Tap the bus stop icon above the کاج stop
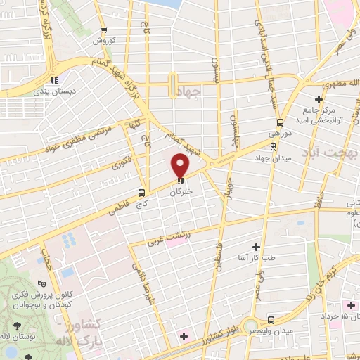tap(142, 192)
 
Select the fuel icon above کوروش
tap(104, 30)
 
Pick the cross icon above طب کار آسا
tap(256, 247)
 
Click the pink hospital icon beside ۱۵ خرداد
tap(351, 304)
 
